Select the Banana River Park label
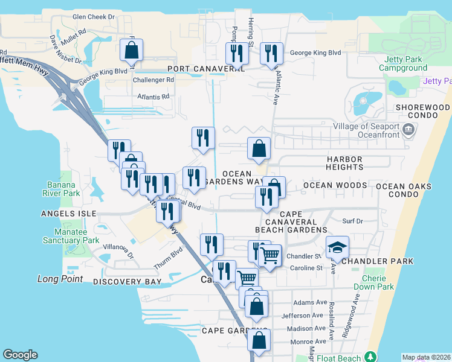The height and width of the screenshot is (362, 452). (63, 189)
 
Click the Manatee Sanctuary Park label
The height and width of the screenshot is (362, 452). (71, 236)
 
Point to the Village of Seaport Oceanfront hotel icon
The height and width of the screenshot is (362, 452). (408, 129)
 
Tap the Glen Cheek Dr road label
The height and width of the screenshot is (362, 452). (93, 17)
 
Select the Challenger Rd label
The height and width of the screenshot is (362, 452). (153, 80)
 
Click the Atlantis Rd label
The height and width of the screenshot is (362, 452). (153, 97)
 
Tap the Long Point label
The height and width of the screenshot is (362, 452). (60, 279)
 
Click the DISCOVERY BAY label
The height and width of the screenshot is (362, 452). (128, 282)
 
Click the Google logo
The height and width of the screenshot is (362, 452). (20, 355)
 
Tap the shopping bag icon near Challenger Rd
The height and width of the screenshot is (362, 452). (132, 52)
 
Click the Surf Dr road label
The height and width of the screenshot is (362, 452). (352, 221)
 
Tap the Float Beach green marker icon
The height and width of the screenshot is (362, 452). (369, 357)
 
